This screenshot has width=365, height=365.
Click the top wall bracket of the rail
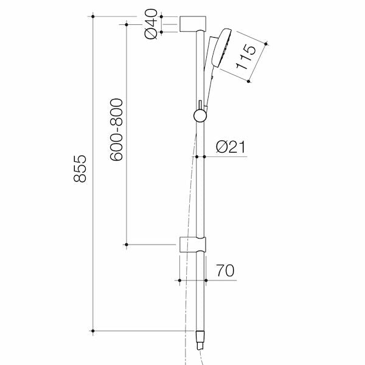[x=193, y=24]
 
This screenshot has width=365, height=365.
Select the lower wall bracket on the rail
[x=193, y=244]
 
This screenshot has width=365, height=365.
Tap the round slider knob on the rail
[x=199, y=115]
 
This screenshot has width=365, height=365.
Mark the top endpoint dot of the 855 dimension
[x=92, y=16]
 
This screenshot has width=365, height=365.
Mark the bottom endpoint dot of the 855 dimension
[x=92, y=331]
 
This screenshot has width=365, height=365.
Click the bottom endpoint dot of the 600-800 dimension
[x=127, y=245]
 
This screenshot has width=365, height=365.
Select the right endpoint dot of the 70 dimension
[x=207, y=280]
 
